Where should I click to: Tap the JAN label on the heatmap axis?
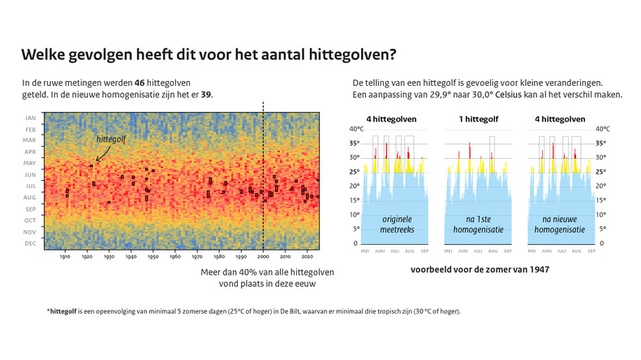(30, 118)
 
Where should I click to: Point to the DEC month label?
(30, 243)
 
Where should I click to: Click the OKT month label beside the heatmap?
(30, 221)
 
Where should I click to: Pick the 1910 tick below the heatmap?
(65, 258)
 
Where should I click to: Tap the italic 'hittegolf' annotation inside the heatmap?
(111, 139)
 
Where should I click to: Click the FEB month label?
(30, 129)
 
